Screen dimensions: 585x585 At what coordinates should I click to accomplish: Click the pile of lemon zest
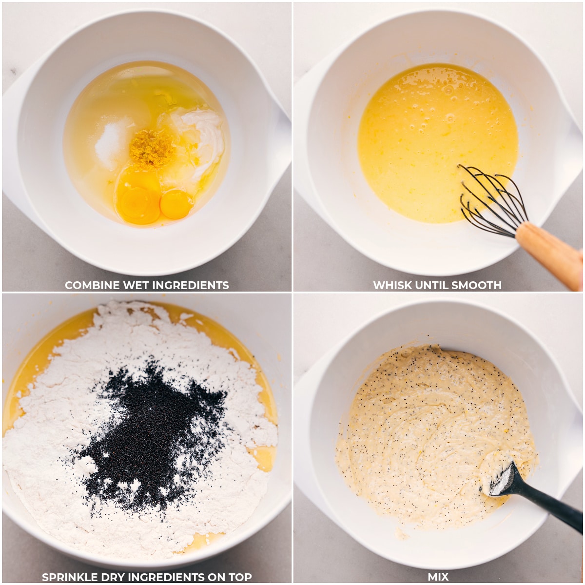(x=152, y=147)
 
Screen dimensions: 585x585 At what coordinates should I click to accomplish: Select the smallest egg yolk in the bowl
(x=176, y=204)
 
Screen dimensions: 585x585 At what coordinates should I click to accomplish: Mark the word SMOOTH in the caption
(x=480, y=285)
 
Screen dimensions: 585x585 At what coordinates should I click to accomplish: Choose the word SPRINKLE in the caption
(x=71, y=577)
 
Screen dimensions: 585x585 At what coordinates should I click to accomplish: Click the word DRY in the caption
(x=117, y=577)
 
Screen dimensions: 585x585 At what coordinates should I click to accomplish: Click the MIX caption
(x=438, y=577)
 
